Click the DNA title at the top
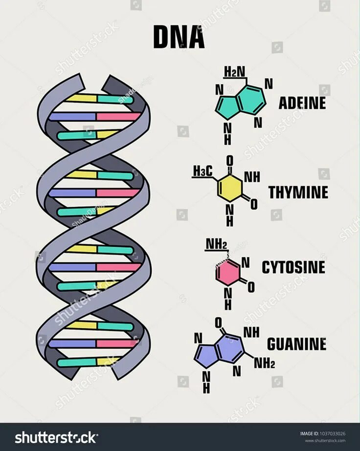coord(179,37)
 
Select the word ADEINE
coord(302,103)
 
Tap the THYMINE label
coord(298,193)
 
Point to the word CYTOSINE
coord(293,267)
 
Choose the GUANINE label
coord(296,344)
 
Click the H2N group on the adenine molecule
coord(234,73)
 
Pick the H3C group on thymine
coord(202,172)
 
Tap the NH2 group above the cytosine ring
coord(216,243)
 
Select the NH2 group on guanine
coord(264,363)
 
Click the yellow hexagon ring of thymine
coord(230,188)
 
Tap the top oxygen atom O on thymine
coord(230,159)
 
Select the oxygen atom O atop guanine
coord(219,322)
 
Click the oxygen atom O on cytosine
coord(251,287)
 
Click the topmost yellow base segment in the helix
coord(82,99)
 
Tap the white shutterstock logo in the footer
coord(56,437)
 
